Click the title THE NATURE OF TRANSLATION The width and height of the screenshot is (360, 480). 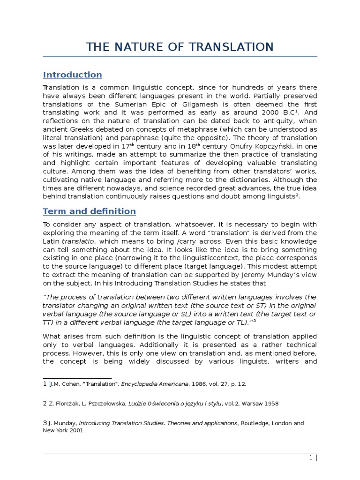180,47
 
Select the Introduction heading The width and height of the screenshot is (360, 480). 72,75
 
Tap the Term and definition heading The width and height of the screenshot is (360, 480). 89,211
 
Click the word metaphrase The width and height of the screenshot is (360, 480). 222,129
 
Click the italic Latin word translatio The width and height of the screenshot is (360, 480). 80,241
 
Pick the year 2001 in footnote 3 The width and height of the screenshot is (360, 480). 76,430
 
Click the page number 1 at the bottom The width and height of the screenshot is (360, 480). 311,457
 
